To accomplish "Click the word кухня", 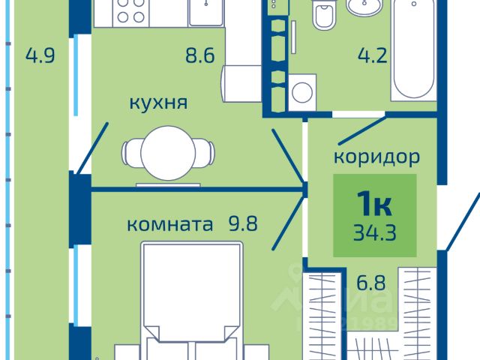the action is (x=157, y=103).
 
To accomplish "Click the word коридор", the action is (x=376, y=158).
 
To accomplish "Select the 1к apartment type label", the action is (x=375, y=202).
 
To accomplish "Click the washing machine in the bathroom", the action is (x=302, y=93).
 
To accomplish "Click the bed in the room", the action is (x=193, y=300).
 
